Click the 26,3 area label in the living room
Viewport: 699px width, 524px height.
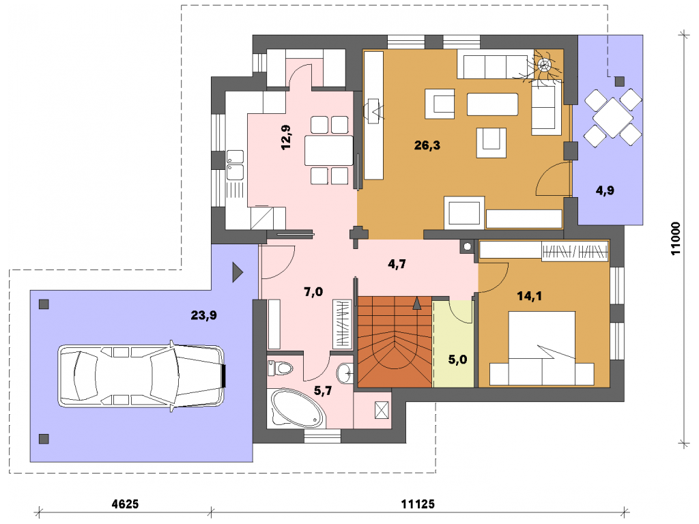tap(427, 145)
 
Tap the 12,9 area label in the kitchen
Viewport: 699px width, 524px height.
tap(286, 137)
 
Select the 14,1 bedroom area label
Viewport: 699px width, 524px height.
tap(529, 296)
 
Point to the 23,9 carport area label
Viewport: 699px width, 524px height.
tap(203, 315)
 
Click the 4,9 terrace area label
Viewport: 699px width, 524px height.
tap(605, 191)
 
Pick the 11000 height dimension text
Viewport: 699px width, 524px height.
tap(676, 238)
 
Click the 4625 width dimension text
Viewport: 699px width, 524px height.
tap(125, 504)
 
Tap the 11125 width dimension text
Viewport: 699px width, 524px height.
tap(418, 504)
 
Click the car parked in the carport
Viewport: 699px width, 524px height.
tap(141, 376)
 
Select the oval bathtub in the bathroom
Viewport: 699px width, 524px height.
tap(297, 408)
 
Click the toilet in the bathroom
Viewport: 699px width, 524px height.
tap(280, 368)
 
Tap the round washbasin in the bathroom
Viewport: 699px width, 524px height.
tap(345, 373)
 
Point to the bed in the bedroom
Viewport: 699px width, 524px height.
tap(541, 349)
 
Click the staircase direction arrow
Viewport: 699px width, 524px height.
tap(417, 304)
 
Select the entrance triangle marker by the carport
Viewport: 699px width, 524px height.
tap(238, 272)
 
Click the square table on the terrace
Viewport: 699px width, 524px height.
tap(612, 117)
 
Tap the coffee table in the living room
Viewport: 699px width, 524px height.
tap(492, 104)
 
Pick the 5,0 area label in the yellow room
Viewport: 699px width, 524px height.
tap(457, 360)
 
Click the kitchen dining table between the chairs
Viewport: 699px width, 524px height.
tap(329, 151)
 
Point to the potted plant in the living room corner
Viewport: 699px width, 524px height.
tap(544, 65)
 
